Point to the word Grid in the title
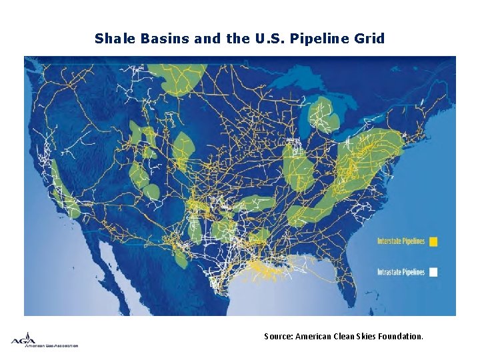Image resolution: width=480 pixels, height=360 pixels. point(370,39)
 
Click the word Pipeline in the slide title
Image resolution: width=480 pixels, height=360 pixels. point(323,39)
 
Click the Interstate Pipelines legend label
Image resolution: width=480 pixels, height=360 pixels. point(401,241)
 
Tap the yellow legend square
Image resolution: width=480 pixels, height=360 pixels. point(433,241)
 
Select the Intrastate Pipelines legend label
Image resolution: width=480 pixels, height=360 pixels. point(401,272)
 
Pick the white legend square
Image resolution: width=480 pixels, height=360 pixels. point(433,272)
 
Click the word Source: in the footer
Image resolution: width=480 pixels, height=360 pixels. point(278,337)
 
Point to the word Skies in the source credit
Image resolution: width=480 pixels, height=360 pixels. point(363,337)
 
